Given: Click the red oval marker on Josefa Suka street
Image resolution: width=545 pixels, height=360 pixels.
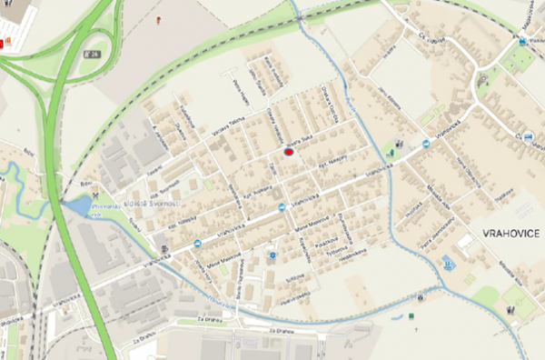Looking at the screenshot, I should [289, 153].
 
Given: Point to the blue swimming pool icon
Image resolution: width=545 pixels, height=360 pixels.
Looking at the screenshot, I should [446, 265].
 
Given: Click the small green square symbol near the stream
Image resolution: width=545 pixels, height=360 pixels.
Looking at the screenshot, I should [411, 315].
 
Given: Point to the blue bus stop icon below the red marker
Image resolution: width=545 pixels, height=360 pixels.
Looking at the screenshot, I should [282, 206].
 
